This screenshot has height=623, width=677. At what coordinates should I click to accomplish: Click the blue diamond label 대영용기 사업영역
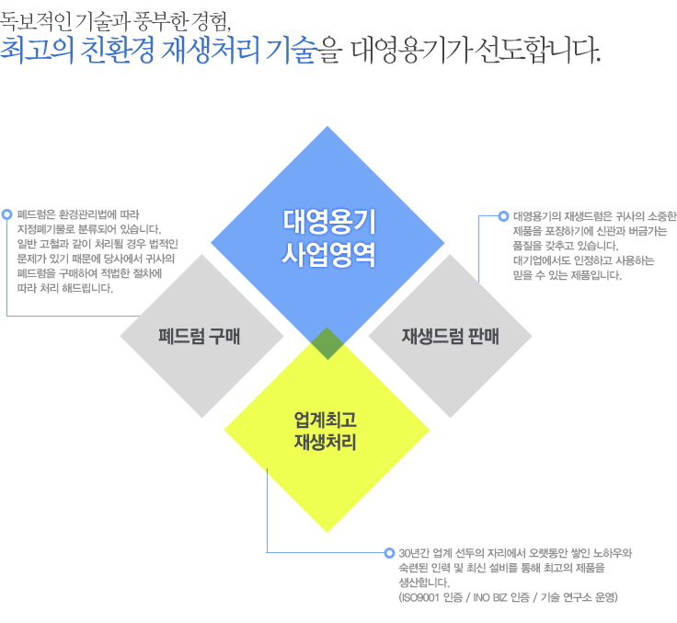coord(328,238)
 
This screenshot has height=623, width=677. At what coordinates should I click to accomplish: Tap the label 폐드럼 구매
coord(199,336)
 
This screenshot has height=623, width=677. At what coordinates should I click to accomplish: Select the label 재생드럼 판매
coord(451,336)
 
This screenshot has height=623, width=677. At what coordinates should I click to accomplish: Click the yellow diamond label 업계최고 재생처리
coord(325,431)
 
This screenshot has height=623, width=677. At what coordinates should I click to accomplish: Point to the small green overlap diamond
coord(327,343)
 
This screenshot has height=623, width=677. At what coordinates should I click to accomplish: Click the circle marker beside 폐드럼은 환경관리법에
coord(7,214)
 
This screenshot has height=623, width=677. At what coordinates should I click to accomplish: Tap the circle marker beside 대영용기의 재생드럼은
coord(503,216)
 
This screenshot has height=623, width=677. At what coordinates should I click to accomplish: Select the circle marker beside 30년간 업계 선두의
coord(389,552)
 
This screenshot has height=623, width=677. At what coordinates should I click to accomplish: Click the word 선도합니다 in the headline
coord(536,51)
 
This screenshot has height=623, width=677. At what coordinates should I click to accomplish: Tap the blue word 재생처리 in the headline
coord(211,51)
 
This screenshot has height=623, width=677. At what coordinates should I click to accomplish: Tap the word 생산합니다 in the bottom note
coord(423,583)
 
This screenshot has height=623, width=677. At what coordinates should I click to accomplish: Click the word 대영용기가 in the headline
coord(410,51)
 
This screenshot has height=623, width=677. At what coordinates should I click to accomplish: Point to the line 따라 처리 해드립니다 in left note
coord(65,288)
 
